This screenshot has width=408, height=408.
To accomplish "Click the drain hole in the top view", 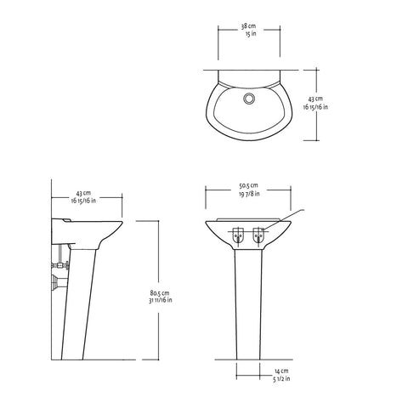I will point(249,99).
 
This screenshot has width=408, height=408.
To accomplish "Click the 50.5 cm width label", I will point(249,185).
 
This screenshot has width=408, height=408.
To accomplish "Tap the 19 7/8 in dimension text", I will point(249,195).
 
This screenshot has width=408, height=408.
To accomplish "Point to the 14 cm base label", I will point(283,372).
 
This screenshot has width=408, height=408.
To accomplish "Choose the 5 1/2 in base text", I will point(283,382).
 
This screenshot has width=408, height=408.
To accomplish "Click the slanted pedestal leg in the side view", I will point(78,297).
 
